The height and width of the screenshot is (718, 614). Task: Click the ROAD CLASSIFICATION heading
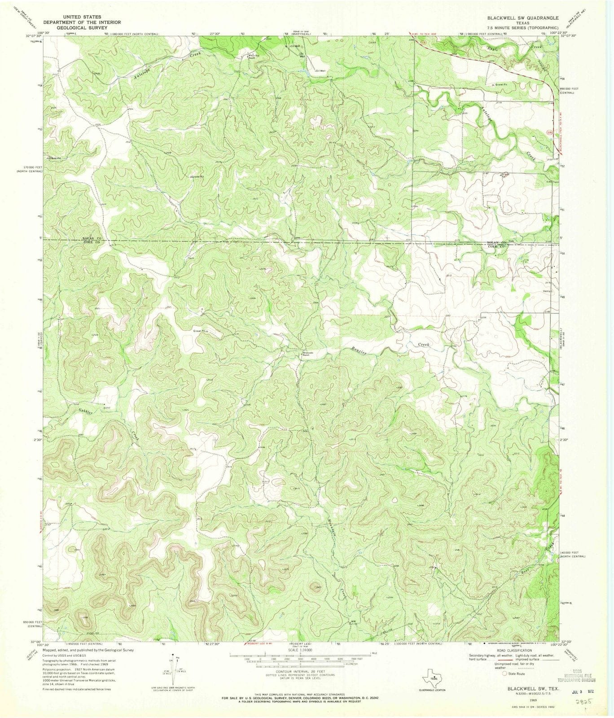(514, 650)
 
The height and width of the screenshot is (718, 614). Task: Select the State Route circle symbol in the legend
(505, 673)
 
